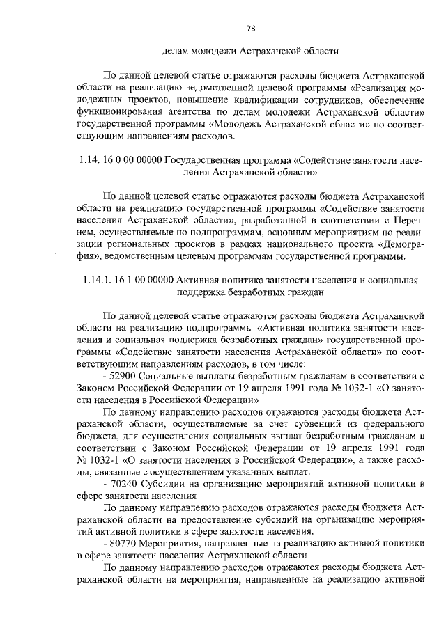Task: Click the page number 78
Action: pyautogui.click(x=251, y=28)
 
